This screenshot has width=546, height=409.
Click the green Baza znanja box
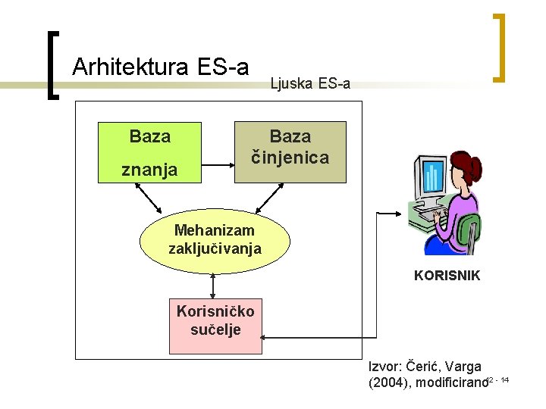150,152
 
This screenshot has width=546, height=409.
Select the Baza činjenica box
290,151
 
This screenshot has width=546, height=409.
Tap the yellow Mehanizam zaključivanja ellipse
215,241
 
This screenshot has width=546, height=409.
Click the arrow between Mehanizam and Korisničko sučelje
213,286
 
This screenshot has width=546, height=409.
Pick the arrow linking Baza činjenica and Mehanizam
269,198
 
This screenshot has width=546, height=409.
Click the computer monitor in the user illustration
431,179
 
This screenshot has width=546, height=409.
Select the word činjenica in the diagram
290,158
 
